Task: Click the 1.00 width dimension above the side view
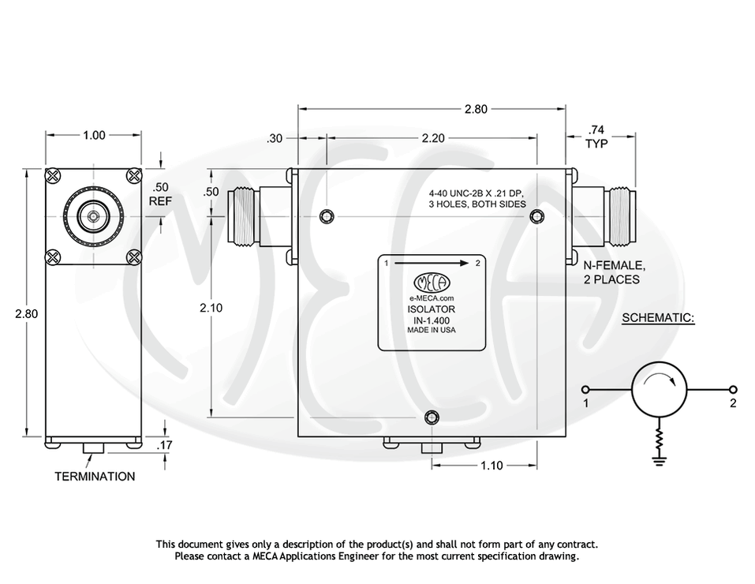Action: click(94, 135)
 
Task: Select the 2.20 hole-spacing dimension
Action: click(432, 137)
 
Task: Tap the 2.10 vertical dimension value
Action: click(211, 308)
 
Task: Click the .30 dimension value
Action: click(275, 138)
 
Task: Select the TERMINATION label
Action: click(94, 477)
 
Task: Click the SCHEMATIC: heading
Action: click(658, 318)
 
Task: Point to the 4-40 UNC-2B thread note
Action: click(476, 198)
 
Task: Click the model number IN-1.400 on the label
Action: click(431, 320)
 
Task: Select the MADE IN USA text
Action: click(431, 331)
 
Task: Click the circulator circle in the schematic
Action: click(660, 390)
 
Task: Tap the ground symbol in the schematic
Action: click(660, 459)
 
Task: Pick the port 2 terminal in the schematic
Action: click(733, 389)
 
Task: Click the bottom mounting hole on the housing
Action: click(431, 417)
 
